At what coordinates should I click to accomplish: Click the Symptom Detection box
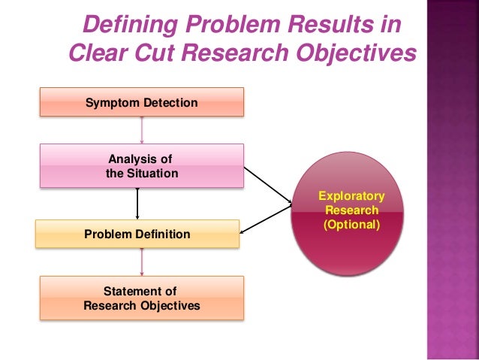142,101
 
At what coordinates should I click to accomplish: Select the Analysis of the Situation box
142,165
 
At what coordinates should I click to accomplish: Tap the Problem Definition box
137,234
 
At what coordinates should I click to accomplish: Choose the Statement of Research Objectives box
142,298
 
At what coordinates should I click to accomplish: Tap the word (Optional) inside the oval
351,225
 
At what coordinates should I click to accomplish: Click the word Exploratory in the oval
351,197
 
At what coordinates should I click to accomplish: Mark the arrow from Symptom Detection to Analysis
142,130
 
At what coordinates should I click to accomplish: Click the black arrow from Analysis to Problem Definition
137,203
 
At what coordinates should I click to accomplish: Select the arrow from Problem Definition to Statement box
142,262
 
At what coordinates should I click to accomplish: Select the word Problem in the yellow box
109,234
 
